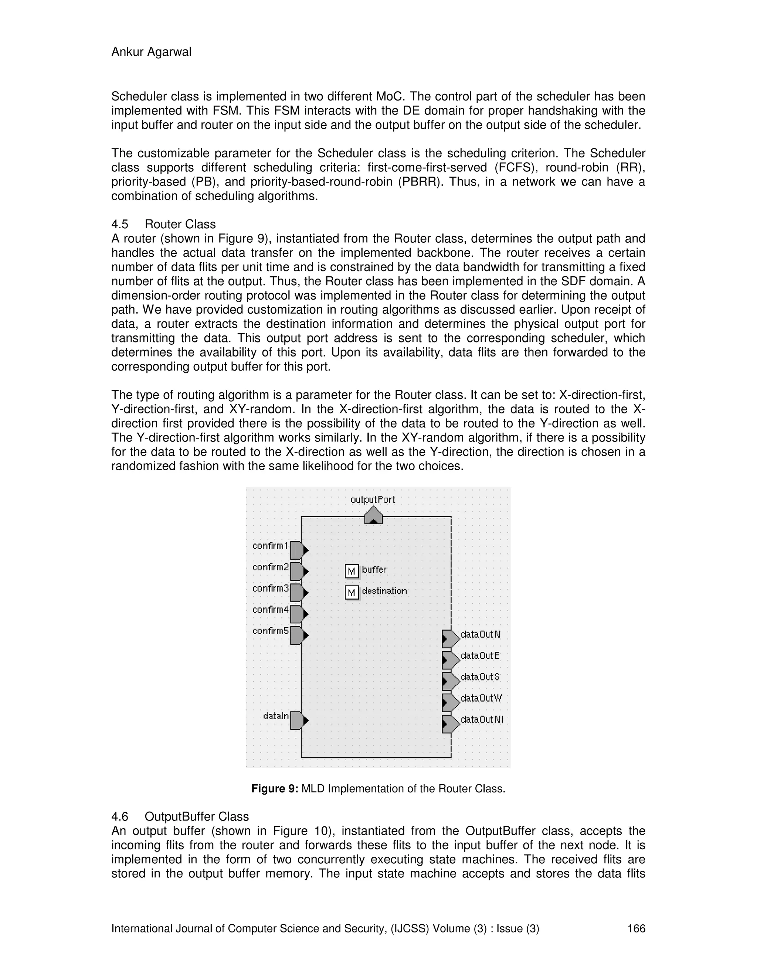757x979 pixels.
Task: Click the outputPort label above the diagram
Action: click(x=373, y=499)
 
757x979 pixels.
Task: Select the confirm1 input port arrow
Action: click(x=299, y=550)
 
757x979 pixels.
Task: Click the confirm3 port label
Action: click(x=271, y=588)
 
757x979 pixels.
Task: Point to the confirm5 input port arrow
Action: click(x=299, y=635)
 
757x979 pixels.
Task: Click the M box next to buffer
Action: click(x=352, y=571)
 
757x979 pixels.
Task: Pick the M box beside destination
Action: click(x=352, y=592)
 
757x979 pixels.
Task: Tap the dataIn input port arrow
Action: click(x=299, y=720)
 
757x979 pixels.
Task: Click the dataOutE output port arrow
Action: click(x=450, y=660)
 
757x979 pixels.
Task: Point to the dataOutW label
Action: click(x=481, y=698)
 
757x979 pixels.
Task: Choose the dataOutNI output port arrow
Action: click(x=450, y=723)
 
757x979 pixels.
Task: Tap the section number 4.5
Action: click(x=119, y=224)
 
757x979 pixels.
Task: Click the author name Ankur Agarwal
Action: click(x=151, y=52)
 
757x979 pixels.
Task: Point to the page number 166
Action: click(x=636, y=928)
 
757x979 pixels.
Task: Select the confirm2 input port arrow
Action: click(x=299, y=572)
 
